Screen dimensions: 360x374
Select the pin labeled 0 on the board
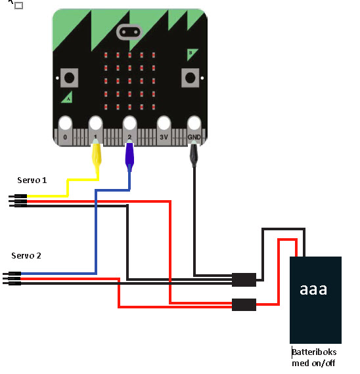click(65, 137)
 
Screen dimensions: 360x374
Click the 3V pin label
click(164, 137)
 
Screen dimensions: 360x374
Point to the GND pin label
click(194, 137)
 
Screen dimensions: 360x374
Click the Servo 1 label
click(32, 180)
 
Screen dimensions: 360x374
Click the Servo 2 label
click(26, 256)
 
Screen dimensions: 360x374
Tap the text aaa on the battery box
click(313, 289)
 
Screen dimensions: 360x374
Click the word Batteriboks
click(314, 352)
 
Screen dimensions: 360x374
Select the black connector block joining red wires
click(244, 304)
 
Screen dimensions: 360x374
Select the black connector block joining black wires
click(244, 280)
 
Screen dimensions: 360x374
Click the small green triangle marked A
click(68, 98)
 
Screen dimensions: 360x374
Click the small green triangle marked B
click(192, 54)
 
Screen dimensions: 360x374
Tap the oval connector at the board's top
click(129, 32)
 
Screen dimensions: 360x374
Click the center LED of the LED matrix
click(129, 81)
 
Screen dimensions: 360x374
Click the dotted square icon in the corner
click(18, 5)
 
